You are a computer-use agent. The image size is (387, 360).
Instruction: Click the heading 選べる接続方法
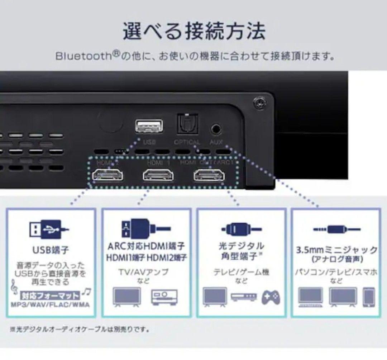(194, 32)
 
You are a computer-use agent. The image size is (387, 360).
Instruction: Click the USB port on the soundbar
(149, 126)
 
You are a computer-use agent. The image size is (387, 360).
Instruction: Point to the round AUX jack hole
(216, 128)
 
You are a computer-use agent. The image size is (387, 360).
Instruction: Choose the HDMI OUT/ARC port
(209, 175)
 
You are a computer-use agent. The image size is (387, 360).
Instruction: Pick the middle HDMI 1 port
(158, 175)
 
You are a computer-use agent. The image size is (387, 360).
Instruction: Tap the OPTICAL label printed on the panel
(187, 142)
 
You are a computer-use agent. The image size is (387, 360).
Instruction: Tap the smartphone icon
(368, 297)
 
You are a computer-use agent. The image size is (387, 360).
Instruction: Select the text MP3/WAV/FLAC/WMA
(51, 305)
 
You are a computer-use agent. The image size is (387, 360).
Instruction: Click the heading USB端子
(51, 249)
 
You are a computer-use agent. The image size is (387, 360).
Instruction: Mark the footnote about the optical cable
(80, 329)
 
